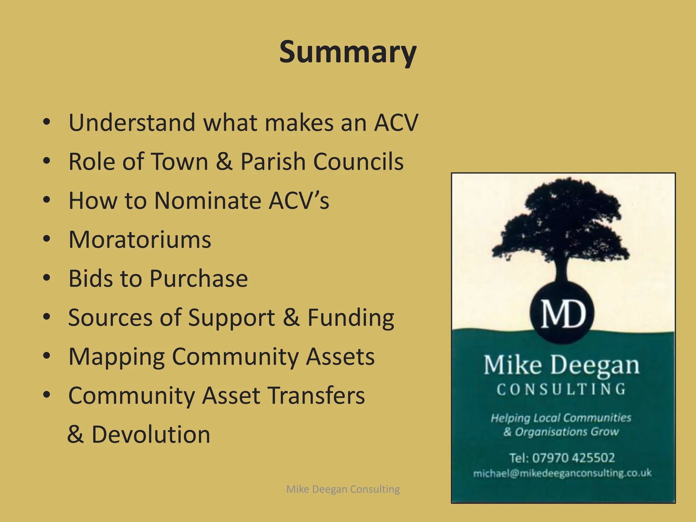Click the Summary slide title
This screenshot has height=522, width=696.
click(x=348, y=53)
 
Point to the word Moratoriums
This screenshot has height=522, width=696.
click(x=140, y=240)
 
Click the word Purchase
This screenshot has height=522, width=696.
click(x=198, y=279)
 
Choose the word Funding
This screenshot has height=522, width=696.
click(x=350, y=318)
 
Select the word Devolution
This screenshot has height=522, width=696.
click(x=151, y=435)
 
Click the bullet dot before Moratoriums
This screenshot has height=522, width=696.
click(x=47, y=239)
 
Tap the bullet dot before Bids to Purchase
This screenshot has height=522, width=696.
click(x=47, y=278)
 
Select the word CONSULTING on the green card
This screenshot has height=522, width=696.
click(x=561, y=389)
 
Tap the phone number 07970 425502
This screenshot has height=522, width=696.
click(x=573, y=458)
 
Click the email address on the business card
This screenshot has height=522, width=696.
click(x=562, y=473)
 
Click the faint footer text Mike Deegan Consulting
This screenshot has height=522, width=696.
click(x=343, y=489)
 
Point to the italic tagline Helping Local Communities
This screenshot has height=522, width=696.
click(x=561, y=418)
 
